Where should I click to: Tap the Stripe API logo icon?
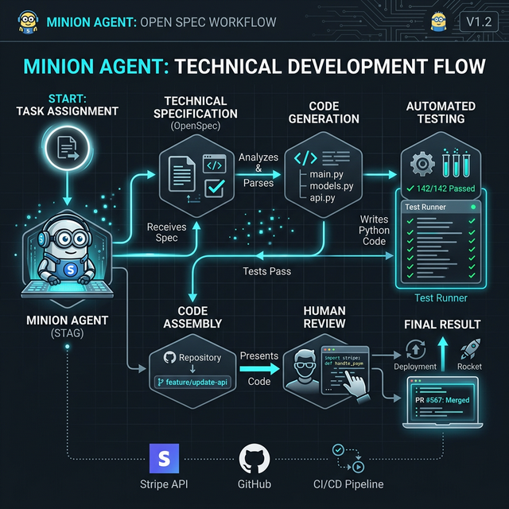pyautogui.click(x=164, y=460)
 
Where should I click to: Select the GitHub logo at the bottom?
pyautogui.click(x=254, y=459)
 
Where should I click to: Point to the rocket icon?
pyautogui.click(x=469, y=347)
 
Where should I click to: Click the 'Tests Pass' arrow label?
pyautogui.click(x=266, y=271)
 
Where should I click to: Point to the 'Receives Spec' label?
pyautogui.click(x=166, y=232)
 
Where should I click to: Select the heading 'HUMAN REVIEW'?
pyautogui.click(x=324, y=317)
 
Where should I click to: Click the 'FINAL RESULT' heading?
pyautogui.click(x=442, y=324)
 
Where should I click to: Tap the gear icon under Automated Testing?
pyautogui.click(x=420, y=162)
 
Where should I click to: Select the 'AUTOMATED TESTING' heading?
pyautogui.click(x=441, y=112)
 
